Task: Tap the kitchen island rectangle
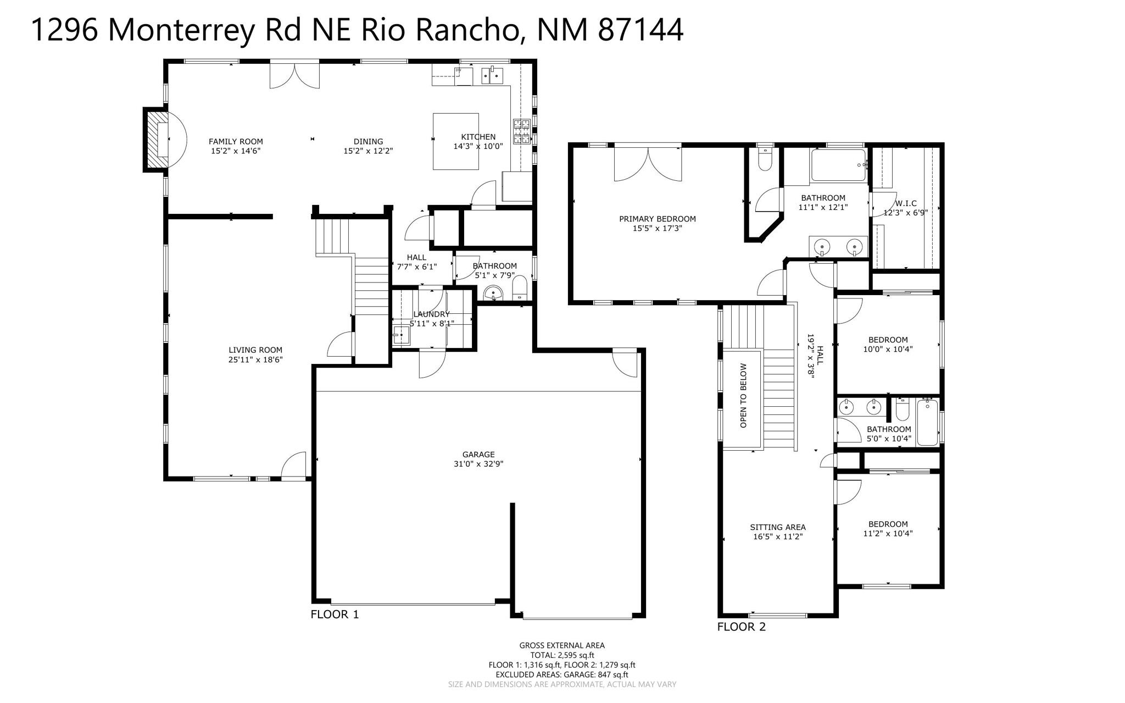coord(455,141)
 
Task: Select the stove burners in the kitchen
coord(521,132)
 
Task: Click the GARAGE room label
coord(478,455)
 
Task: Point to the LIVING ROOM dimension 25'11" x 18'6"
coord(255,360)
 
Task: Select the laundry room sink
coord(401,335)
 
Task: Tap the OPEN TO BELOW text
coord(743,395)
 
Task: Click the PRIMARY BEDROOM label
coord(657,219)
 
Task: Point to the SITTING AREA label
coord(777,527)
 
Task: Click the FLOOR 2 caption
coord(741,627)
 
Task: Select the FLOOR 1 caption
coord(335,615)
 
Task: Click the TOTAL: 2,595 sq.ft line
coord(561,655)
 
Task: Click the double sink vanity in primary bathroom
coord(838,247)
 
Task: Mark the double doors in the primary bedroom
coord(648,163)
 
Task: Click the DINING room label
coord(368,141)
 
